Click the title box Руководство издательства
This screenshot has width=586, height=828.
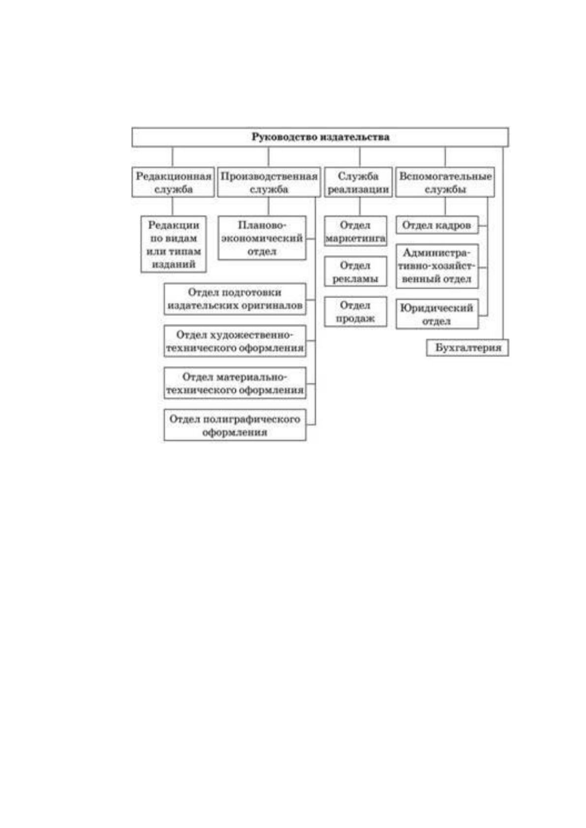pyautogui.click(x=320, y=137)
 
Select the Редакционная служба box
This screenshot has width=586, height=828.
pyautogui.click(x=173, y=182)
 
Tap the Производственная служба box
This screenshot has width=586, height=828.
pyautogui.click(x=269, y=182)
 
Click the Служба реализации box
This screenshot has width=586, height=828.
pyautogui.click(x=358, y=182)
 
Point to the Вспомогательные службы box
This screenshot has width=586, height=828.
pyautogui.click(x=445, y=182)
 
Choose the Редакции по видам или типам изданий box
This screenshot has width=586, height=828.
pyautogui.click(x=174, y=244)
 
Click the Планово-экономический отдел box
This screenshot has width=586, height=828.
pyautogui.click(x=262, y=238)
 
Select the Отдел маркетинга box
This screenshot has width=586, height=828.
pyautogui.click(x=356, y=232)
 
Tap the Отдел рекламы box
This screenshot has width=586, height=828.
pyautogui.click(x=356, y=272)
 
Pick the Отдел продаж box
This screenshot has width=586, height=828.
pyautogui.click(x=356, y=312)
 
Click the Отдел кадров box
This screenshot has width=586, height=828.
pyautogui.click(x=437, y=225)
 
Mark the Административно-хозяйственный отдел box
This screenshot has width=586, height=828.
pyautogui.click(x=437, y=266)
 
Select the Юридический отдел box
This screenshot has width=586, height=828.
pyautogui.click(x=437, y=314)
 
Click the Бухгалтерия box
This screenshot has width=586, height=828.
pyautogui.click(x=467, y=348)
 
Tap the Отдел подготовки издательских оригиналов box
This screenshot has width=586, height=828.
pyautogui.click(x=235, y=299)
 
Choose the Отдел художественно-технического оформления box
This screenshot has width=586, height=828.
pyautogui.click(x=235, y=341)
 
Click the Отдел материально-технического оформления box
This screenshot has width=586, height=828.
pyautogui.click(x=235, y=384)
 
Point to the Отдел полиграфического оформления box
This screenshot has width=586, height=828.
pyautogui.click(x=235, y=425)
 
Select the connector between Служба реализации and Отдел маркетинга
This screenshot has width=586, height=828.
pyautogui.click(x=360, y=207)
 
